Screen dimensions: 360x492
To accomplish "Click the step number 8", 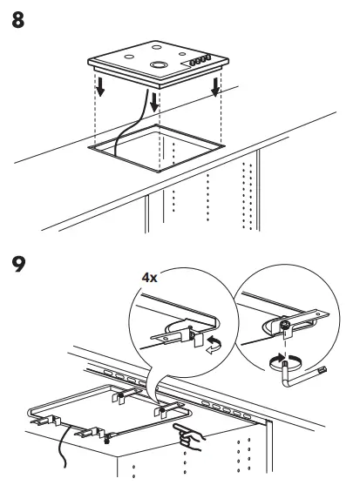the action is (18, 20).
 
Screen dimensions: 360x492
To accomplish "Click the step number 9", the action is (18, 264).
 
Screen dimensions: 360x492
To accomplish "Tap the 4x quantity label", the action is (149, 278).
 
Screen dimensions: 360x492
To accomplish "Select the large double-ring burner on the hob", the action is (159, 65).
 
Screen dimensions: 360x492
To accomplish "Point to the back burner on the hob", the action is (156, 47).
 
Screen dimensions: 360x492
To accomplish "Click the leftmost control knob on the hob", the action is (193, 62).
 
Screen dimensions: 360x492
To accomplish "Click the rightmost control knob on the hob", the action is (207, 57).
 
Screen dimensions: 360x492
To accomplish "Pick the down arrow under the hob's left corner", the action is (100, 87).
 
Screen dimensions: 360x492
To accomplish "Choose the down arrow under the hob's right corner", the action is (215, 87).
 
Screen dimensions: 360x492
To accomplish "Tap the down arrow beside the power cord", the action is (154, 102).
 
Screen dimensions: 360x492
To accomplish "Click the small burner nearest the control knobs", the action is (182, 54).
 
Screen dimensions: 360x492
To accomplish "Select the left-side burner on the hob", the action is (129, 57).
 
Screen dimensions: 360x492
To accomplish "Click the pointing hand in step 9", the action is (188, 436).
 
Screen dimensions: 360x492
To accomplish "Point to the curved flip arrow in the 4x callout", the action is (214, 345).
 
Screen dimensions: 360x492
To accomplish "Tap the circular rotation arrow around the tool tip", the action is (286, 363).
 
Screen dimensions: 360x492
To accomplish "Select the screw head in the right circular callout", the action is (285, 326).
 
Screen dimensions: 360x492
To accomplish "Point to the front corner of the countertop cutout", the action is (159, 172).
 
